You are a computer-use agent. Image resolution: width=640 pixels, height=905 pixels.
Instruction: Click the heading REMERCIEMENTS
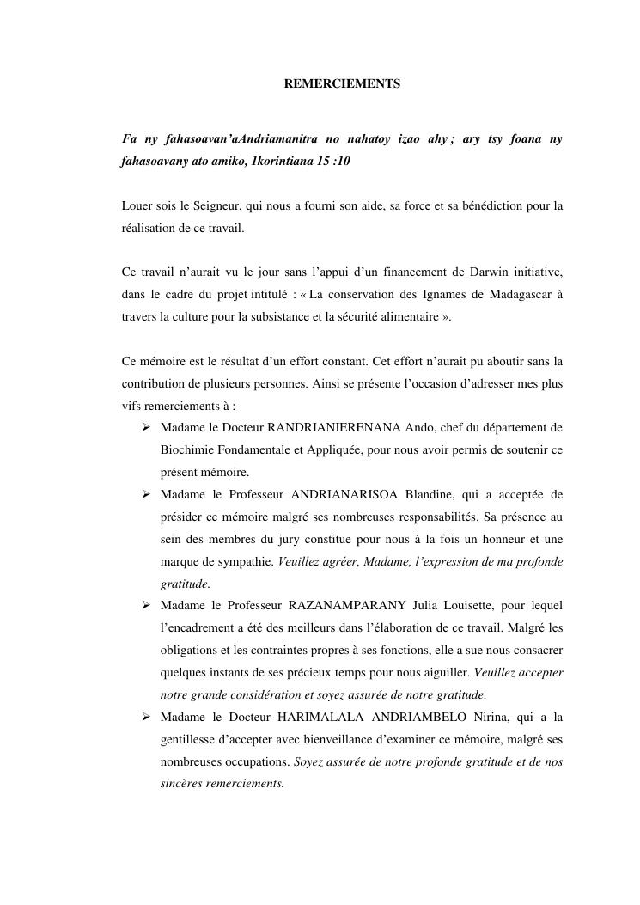pos(342,84)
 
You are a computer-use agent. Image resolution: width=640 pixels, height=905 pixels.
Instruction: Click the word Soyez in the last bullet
pos(309,762)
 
